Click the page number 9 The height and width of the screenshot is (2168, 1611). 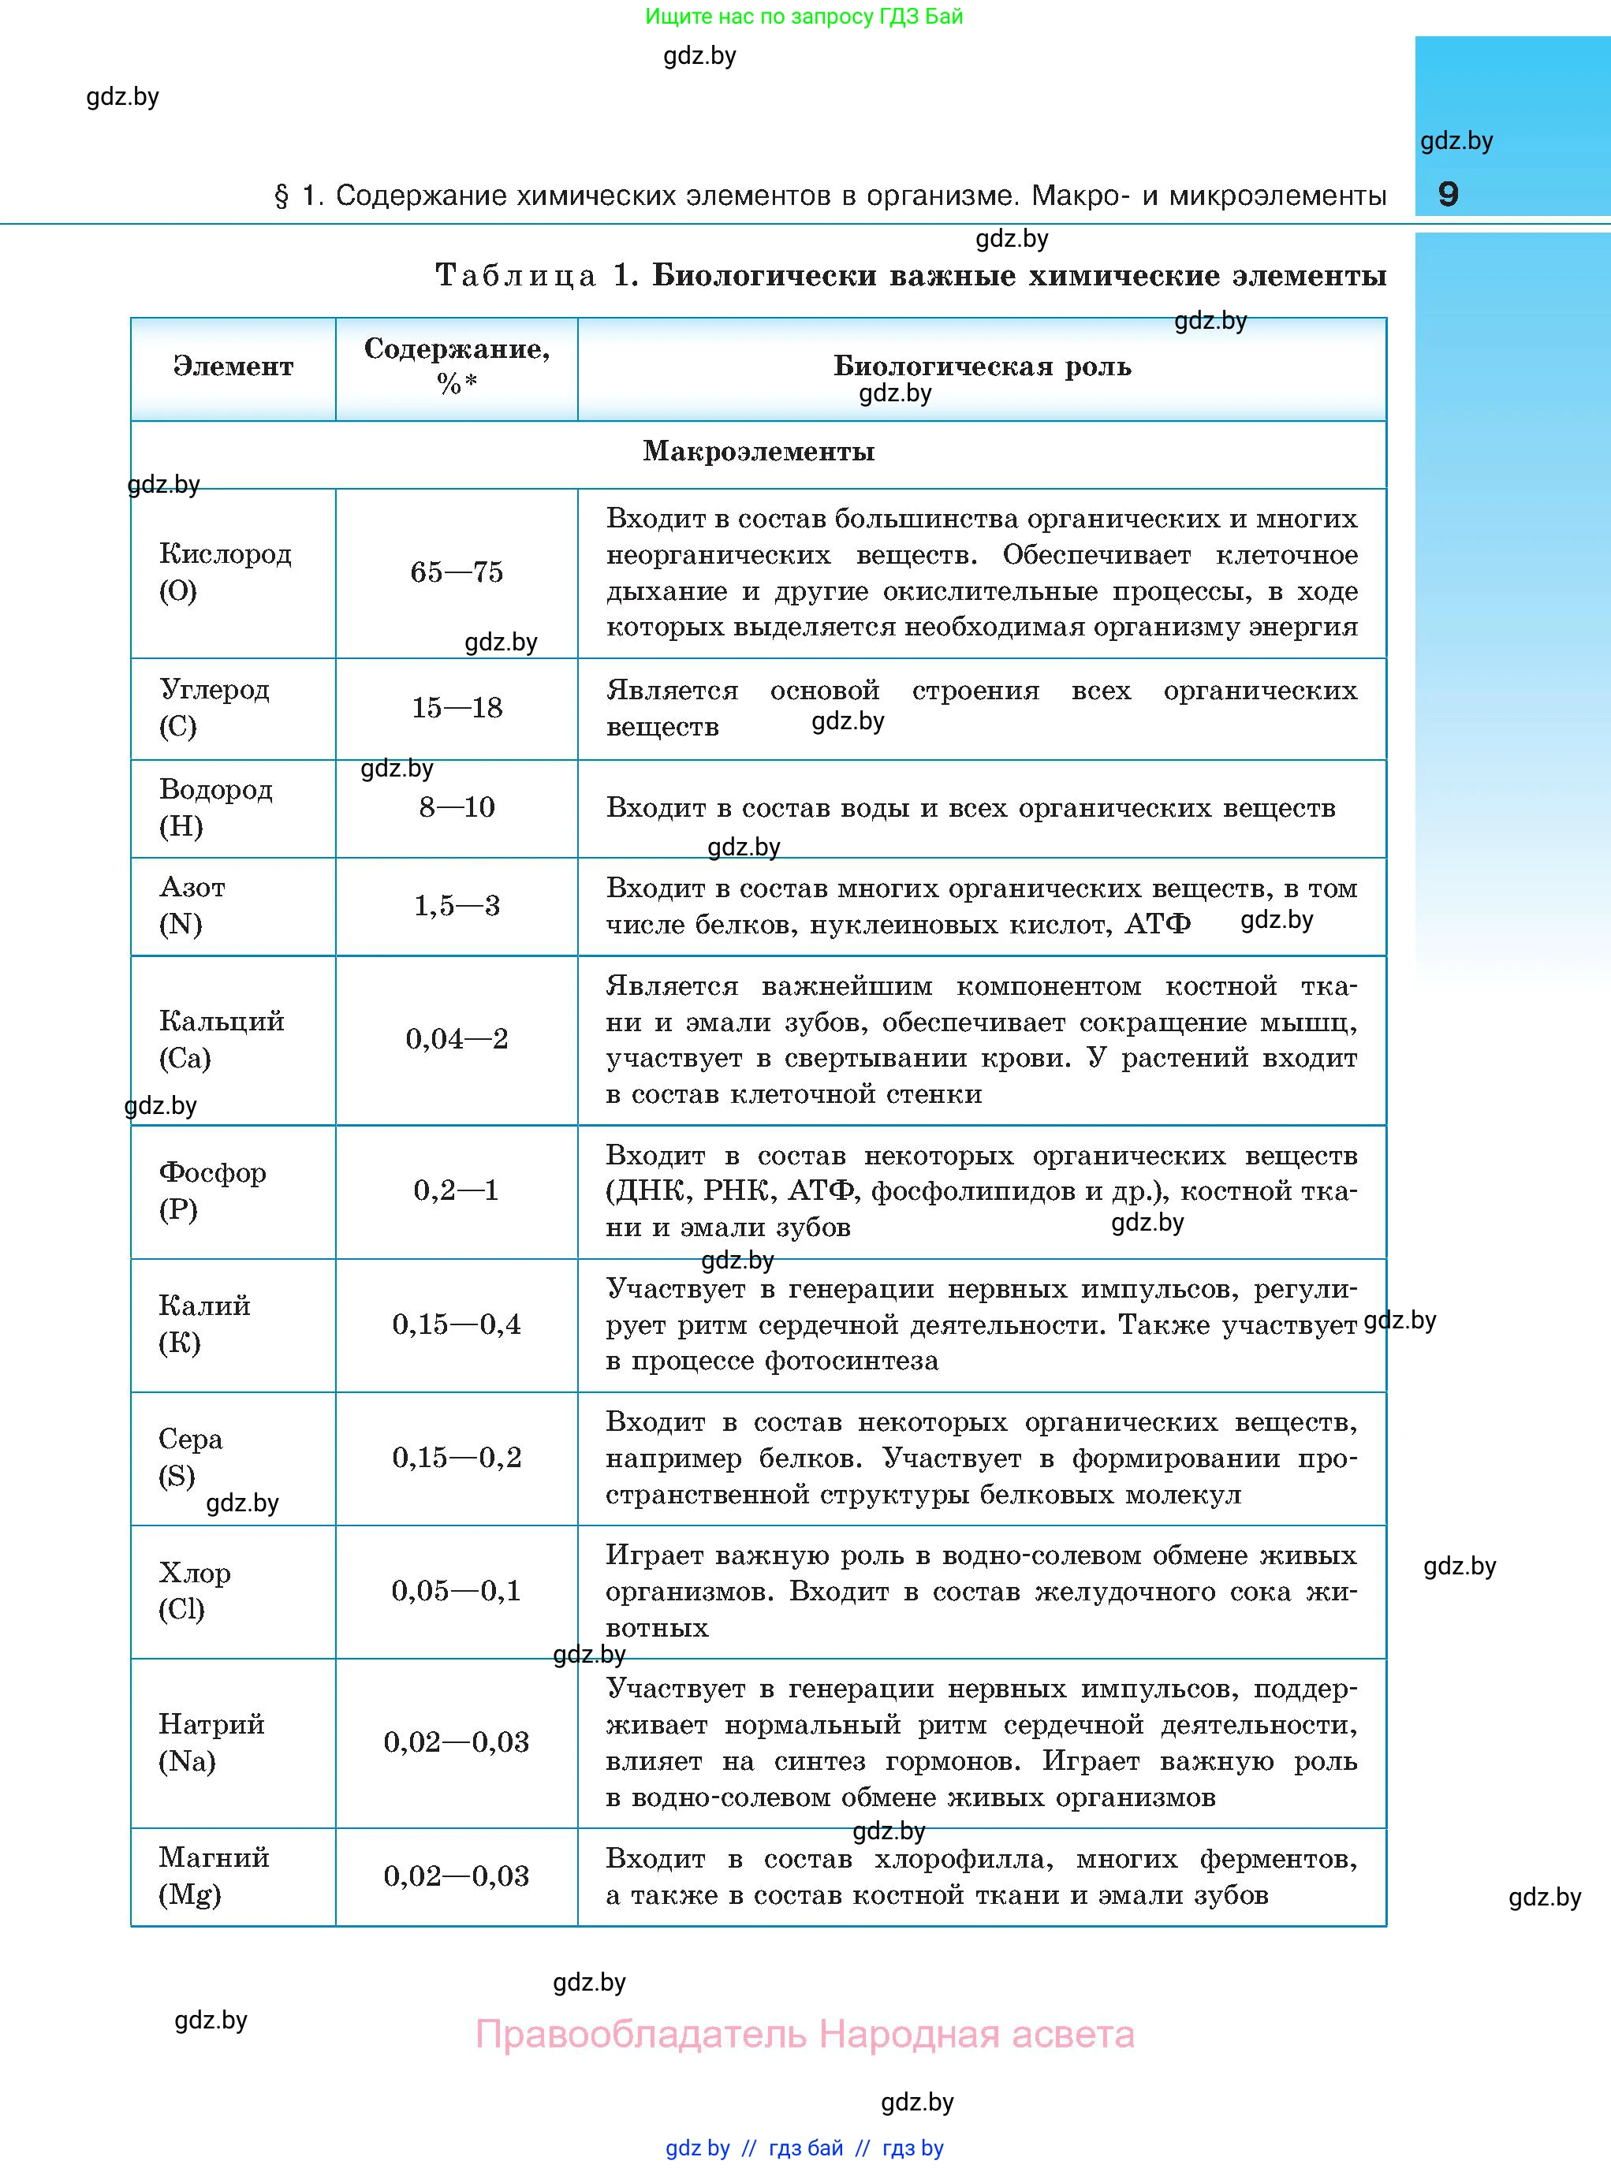(1448, 194)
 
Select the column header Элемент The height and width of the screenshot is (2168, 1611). (233, 367)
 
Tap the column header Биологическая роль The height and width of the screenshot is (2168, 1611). (982, 367)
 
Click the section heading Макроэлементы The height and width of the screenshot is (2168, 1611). (759, 452)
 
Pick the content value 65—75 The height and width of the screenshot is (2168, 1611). (457, 572)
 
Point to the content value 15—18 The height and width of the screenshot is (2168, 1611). (457, 708)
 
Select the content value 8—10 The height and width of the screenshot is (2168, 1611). (457, 807)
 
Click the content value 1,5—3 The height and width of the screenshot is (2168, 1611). (457, 906)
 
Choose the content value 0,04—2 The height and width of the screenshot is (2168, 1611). (457, 1039)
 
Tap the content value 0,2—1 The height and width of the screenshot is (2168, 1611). (457, 1190)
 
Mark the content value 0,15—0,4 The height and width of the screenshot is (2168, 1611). (457, 1324)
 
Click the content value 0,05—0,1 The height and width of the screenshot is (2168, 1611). (457, 1591)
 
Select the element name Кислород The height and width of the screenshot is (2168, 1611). (226, 553)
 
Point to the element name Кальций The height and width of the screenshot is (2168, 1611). (222, 1021)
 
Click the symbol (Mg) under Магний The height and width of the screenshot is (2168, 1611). (190, 1894)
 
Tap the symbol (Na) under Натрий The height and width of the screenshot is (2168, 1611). (187, 1760)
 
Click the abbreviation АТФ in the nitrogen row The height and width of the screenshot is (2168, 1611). (1158, 924)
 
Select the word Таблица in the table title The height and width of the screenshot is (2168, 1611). (515, 276)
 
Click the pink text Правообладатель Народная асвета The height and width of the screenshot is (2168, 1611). (804, 2035)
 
